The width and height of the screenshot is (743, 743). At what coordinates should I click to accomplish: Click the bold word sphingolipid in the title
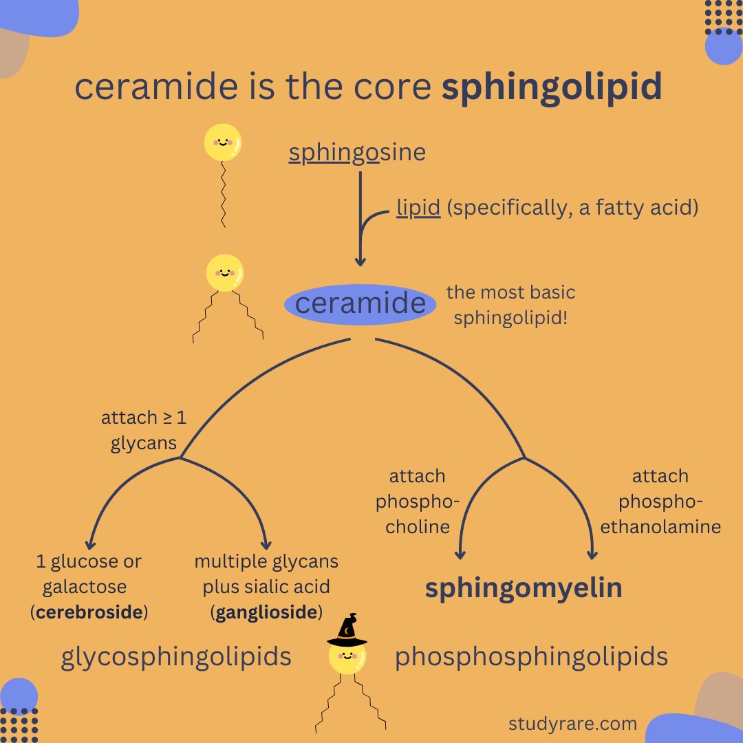point(552,88)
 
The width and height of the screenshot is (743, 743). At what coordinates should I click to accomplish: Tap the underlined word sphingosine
point(357,152)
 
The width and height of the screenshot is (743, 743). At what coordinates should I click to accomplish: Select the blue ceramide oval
point(360,303)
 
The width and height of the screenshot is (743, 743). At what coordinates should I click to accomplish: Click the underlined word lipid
point(418,207)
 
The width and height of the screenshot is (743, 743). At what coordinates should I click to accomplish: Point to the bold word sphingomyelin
point(524,588)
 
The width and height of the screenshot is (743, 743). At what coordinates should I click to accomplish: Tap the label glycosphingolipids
point(176,657)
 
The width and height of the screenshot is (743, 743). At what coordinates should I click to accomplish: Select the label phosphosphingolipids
point(531,657)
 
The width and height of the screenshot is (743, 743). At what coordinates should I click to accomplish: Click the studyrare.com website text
point(572,723)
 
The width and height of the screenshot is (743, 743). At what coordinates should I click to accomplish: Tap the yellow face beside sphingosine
point(223,143)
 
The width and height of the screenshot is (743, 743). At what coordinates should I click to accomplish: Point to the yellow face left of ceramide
point(225,272)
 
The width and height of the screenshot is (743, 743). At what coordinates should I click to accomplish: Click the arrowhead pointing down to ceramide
point(360,261)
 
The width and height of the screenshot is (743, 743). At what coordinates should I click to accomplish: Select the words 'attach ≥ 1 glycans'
point(144,431)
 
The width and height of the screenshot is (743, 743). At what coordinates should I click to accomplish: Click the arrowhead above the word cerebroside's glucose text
point(91,543)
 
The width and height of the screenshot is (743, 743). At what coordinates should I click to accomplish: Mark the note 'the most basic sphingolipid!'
point(510,305)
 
